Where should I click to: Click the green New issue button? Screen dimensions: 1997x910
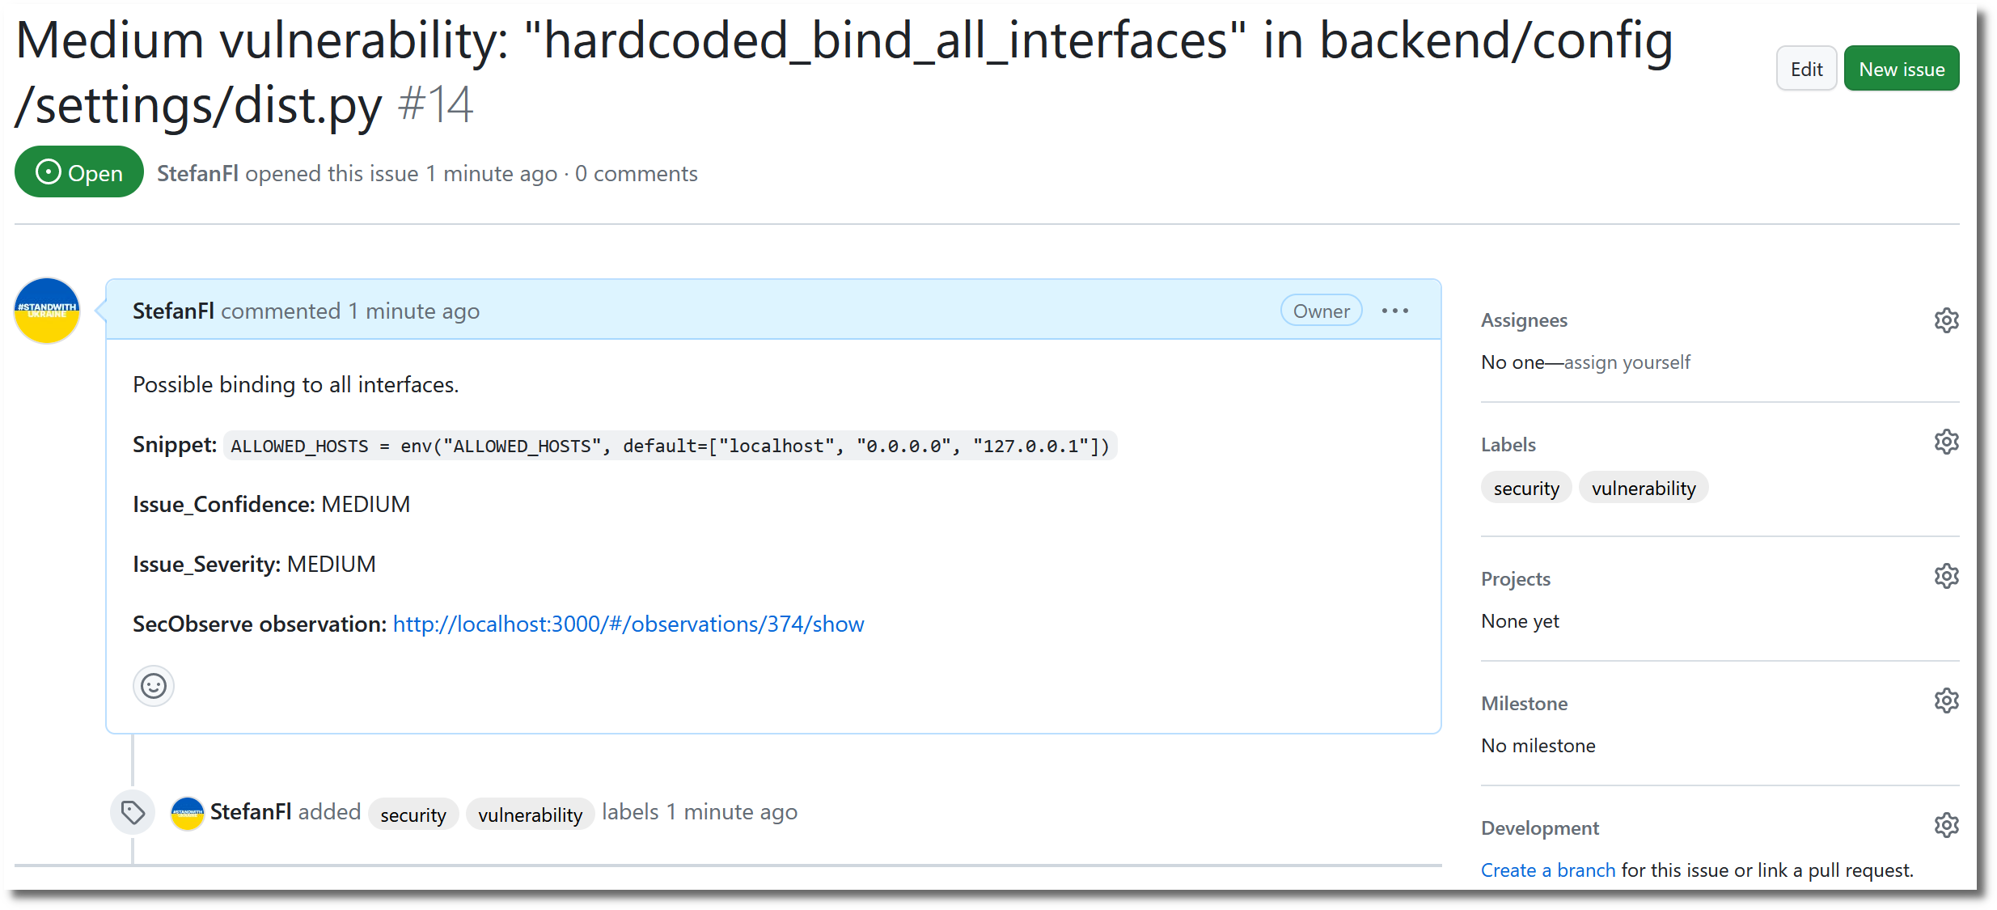1901,69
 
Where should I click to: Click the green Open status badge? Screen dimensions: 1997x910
79,172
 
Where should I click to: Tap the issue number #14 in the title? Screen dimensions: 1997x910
435,105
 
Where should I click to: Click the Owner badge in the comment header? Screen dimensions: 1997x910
1321,311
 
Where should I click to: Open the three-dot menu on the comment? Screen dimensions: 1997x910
1394,311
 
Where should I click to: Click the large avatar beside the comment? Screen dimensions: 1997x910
47,311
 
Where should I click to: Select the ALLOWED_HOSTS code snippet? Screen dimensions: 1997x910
670,446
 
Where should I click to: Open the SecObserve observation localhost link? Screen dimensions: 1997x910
628,624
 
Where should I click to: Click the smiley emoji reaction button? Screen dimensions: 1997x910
154,686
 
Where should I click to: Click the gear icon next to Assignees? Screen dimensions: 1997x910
1946,320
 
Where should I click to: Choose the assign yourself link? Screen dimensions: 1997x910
1627,362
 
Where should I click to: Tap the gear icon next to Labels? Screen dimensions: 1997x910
1946,442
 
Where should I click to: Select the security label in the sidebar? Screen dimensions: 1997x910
1526,488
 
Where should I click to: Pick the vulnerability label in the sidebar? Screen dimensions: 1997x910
1644,488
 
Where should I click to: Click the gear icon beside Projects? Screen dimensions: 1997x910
1946,577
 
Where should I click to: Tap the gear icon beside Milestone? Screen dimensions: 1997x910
1946,701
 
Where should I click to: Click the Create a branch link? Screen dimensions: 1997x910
1547,870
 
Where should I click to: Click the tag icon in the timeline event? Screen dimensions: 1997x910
133,812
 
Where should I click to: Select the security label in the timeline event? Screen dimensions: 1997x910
413,815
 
